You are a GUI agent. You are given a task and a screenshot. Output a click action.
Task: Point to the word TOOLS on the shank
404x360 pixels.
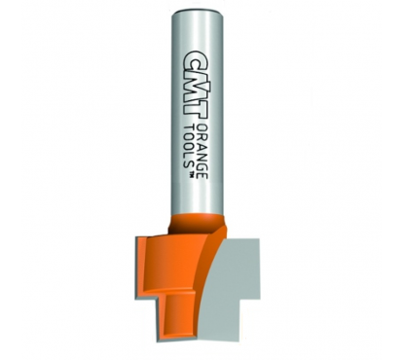point(189,146)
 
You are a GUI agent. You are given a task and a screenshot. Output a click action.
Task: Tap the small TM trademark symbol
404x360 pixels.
point(191,175)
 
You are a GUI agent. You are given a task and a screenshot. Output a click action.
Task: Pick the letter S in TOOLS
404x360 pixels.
point(189,164)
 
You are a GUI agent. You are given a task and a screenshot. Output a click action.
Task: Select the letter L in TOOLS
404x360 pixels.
point(189,156)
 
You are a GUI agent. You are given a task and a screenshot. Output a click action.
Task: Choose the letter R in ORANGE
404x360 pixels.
point(202,135)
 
